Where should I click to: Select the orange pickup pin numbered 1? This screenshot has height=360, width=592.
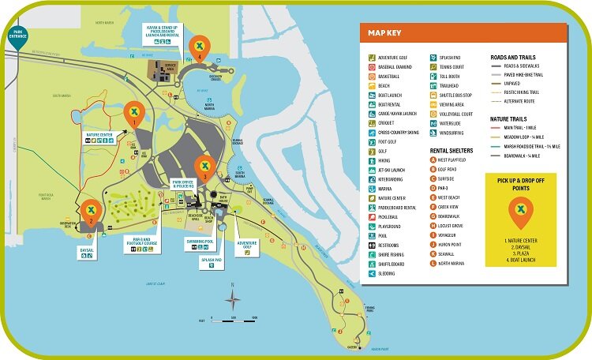pos(136,113)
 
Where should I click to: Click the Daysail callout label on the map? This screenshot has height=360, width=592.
pos(87,251)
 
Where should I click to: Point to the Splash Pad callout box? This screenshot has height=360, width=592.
pos(212,261)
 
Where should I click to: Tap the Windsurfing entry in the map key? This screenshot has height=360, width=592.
pos(451,133)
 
